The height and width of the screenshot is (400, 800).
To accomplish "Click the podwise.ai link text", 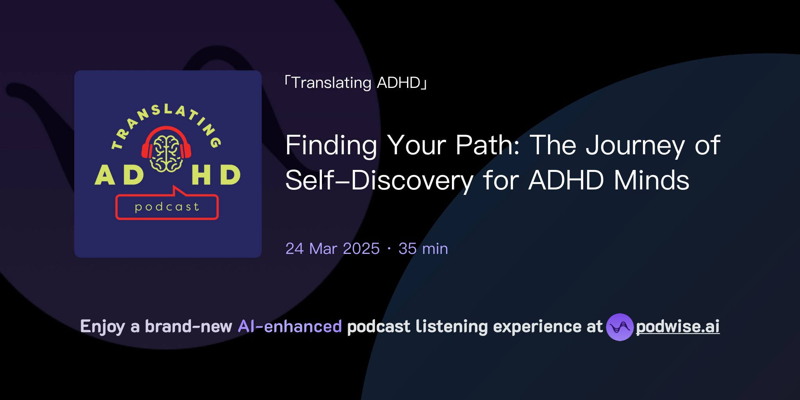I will click(x=677, y=327).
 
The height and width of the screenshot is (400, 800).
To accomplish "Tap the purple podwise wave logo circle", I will click(x=620, y=327).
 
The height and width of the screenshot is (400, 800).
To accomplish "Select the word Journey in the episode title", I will click(x=635, y=145).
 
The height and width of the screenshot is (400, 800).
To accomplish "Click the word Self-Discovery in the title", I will click(x=379, y=180).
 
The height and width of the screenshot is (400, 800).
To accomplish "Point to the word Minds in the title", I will click(x=651, y=180).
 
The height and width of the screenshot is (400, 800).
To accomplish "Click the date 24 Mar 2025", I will click(x=332, y=249).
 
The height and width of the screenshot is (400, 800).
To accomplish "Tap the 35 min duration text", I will click(x=423, y=249).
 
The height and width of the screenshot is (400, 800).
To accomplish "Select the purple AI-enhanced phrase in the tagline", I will click(x=290, y=327).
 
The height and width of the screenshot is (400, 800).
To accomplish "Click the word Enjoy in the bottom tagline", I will click(x=102, y=327).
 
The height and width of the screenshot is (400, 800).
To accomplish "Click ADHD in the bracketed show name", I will click(x=398, y=83).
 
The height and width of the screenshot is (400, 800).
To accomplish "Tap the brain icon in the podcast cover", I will click(x=166, y=154).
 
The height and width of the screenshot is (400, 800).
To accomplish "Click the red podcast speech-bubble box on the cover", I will click(x=167, y=207).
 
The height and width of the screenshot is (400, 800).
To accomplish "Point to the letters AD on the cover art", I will click(x=119, y=175).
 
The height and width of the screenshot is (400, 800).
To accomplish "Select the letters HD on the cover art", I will click(x=216, y=175).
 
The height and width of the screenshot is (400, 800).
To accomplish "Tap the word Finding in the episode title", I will click(x=331, y=145).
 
